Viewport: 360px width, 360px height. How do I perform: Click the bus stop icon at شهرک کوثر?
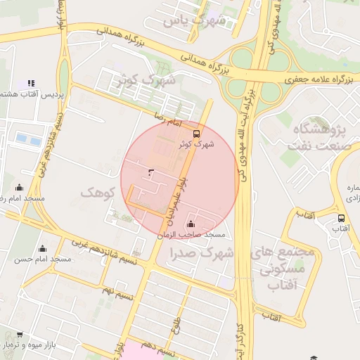pos(195,133)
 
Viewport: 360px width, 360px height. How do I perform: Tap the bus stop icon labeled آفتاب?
pos(341,218)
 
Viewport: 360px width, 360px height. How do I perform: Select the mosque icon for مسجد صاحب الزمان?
pos(191,224)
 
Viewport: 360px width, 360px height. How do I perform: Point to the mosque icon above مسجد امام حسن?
pos(42,248)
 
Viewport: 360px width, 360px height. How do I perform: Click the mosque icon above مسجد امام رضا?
pos(18,188)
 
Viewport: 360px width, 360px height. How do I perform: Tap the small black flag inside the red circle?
pos(150,172)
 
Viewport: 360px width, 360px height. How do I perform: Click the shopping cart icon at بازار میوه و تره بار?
pos(19,335)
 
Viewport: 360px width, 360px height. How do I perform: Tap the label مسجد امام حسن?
pos(43,259)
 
